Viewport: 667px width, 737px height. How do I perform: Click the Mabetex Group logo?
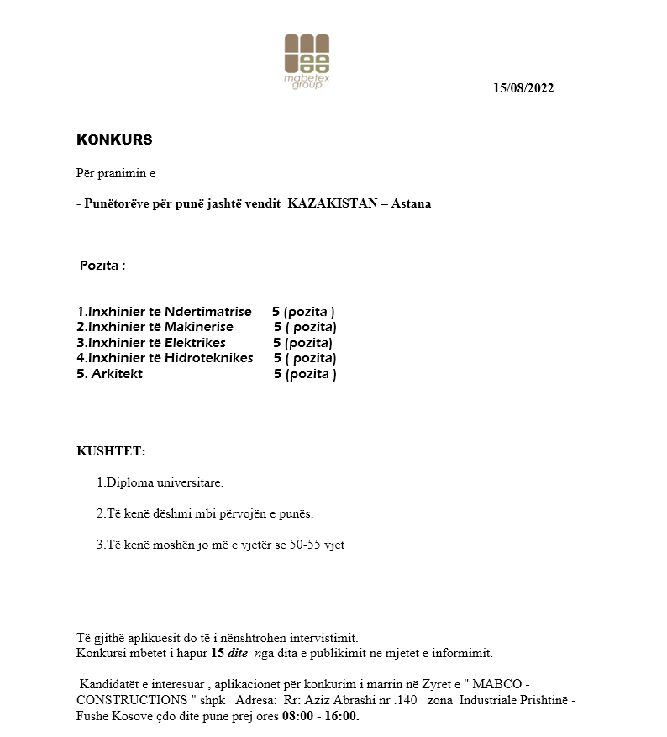pos(307,61)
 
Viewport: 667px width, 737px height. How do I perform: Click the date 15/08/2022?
pos(523,88)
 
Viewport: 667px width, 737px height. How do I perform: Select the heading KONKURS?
pos(114,140)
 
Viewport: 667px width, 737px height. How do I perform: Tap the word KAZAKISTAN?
pos(335,203)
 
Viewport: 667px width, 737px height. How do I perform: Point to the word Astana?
pos(412,203)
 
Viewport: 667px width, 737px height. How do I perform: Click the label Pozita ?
pos(102,266)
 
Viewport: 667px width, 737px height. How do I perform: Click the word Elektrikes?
pos(195,343)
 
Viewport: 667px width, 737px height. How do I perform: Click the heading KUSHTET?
pos(111,451)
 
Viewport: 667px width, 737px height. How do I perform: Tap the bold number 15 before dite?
pos(217,653)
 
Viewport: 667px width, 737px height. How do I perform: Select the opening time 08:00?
pos(297,716)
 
